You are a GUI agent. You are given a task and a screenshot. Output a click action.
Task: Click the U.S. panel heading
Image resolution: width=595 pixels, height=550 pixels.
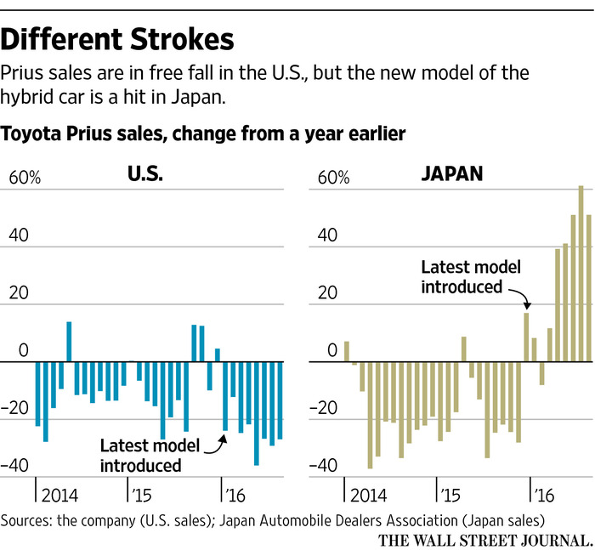145,174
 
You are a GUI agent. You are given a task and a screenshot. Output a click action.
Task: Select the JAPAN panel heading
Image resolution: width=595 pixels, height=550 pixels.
451,174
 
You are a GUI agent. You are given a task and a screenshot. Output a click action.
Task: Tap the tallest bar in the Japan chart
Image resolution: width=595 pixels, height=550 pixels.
581,272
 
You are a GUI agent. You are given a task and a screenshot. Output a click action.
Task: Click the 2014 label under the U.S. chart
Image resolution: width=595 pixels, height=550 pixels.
63,495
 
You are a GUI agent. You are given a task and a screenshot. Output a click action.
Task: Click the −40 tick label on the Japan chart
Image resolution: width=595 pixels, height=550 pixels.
328,466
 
